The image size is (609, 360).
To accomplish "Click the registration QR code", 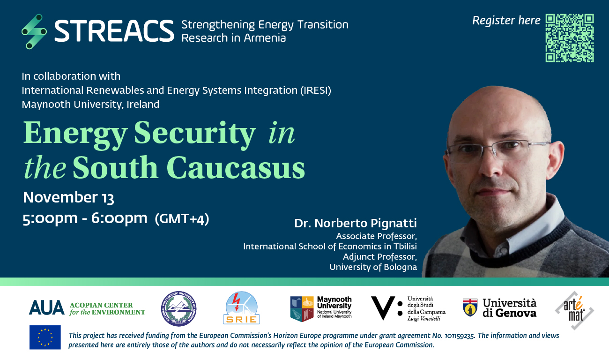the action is [x=570, y=38].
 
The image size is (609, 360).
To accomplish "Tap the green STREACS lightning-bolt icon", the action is [x=34, y=31].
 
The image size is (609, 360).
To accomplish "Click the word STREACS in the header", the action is [x=114, y=31].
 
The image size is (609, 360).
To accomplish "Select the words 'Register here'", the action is [x=506, y=21].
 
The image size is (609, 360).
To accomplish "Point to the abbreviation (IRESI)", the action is [x=316, y=90].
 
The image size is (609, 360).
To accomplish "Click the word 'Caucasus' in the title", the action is [x=236, y=168].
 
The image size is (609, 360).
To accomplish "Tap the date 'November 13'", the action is [x=68, y=197].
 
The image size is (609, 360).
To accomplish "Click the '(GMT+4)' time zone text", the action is [x=182, y=219].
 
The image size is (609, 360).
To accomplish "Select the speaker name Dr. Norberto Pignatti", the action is [x=356, y=224].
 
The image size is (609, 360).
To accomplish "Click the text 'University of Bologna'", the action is [x=373, y=267].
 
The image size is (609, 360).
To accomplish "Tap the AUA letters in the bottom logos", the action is [x=47, y=308].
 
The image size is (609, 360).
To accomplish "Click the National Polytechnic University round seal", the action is [x=178, y=308].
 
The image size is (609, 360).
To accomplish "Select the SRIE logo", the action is [x=241, y=308].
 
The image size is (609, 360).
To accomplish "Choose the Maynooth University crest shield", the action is [x=302, y=309].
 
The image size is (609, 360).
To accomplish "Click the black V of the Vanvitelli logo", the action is [x=383, y=308].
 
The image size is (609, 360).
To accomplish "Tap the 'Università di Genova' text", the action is [x=510, y=308].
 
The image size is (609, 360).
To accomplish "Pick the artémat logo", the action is [x=574, y=310].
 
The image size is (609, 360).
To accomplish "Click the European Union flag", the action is [x=45, y=337].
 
